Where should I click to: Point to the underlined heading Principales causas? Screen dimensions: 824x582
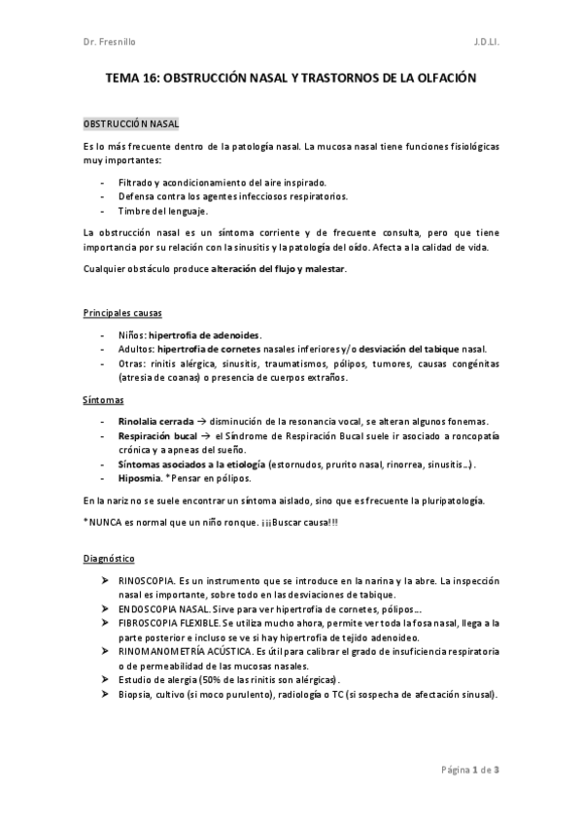click(x=122, y=313)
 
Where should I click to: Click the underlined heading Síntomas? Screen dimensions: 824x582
click(x=103, y=400)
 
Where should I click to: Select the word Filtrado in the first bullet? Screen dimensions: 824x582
click(x=135, y=182)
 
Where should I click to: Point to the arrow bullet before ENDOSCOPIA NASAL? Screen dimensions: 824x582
click(x=105, y=606)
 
